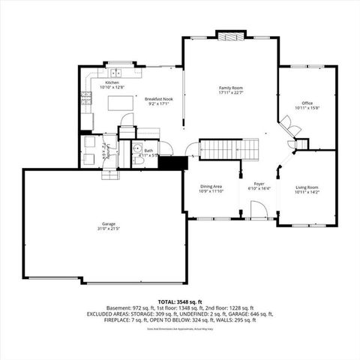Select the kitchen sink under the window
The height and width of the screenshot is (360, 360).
(x=116, y=73)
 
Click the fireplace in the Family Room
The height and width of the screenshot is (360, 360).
(x=230, y=35)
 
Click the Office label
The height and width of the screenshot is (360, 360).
(x=307, y=103)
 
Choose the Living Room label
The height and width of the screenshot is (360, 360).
(x=307, y=187)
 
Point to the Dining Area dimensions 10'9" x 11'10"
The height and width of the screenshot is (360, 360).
(x=211, y=191)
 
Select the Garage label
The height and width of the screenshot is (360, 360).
(x=98, y=223)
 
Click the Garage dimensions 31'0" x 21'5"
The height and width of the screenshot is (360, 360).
(x=98, y=229)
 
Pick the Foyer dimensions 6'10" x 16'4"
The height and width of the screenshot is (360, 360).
(x=258, y=187)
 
